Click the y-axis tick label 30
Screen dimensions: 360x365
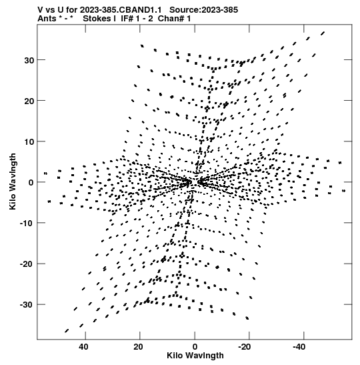pyautogui.click(x=29, y=60)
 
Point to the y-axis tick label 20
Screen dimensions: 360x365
pyautogui.click(x=29, y=101)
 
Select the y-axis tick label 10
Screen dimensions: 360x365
pyautogui.click(x=29, y=141)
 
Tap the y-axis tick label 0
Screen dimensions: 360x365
pyautogui.click(x=31, y=183)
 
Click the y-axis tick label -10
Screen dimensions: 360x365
pyautogui.click(x=27, y=224)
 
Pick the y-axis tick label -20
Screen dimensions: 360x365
pyautogui.click(x=27, y=264)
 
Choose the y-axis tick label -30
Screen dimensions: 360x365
pyautogui.click(x=27, y=305)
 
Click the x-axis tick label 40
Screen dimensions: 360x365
pyautogui.click(x=83, y=347)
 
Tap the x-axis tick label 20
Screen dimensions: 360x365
pyautogui.click(x=138, y=347)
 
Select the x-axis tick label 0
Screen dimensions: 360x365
pyautogui.click(x=195, y=347)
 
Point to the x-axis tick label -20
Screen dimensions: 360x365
pyautogui.click(x=245, y=347)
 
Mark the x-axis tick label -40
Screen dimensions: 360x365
pyautogui.click(x=299, y=347)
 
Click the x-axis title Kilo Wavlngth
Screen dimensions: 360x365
pyautogui.click(x=195, y=356)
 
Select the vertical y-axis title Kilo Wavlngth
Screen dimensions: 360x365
pyautogui.click(x=13, y=181)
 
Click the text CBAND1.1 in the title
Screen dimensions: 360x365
pyautogui.click(x=141, y=10)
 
